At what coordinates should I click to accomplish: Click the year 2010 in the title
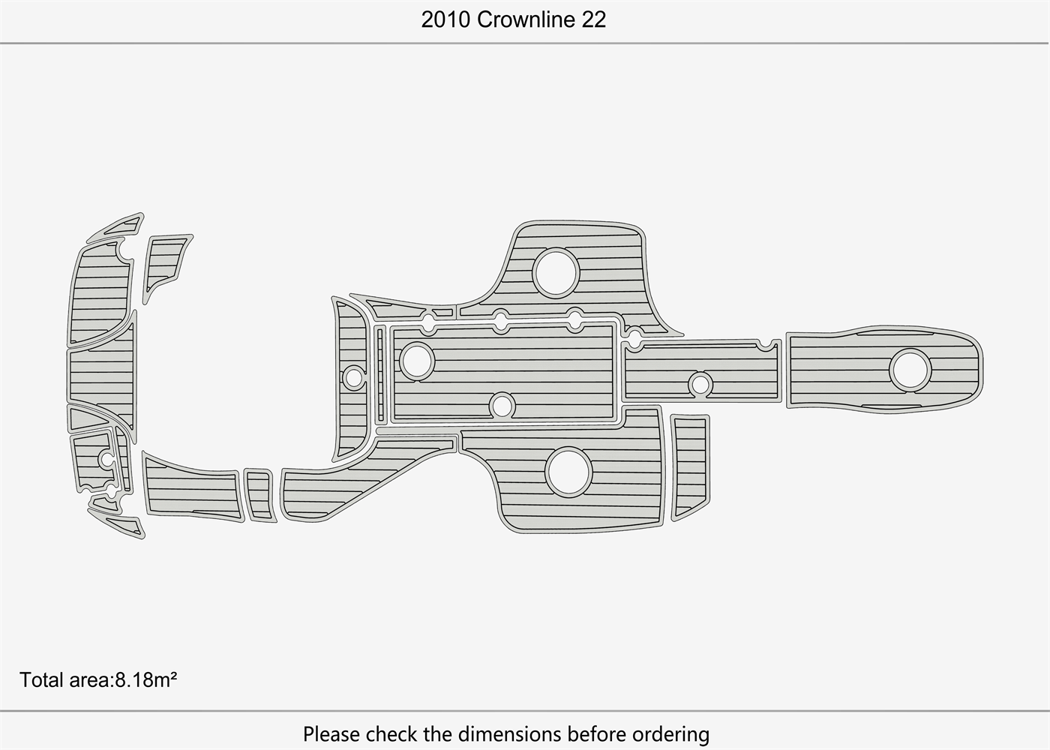point(445,19)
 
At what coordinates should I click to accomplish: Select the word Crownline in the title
point(526,19)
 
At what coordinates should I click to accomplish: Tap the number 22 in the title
point(594,19)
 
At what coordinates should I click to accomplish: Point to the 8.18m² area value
point(146,679)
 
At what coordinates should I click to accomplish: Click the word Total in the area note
point(42,679)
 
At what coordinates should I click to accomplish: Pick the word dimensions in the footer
point(509,734)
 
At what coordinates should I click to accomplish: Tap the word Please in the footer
point(331,734)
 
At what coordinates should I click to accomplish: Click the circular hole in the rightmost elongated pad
point(910,370)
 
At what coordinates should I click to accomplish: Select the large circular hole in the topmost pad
point(556,272)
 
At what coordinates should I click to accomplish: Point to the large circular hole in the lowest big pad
point(568,472)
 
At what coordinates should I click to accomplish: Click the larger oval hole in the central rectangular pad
point(417,360)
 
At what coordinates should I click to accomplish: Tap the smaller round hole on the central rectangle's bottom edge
point(502,406)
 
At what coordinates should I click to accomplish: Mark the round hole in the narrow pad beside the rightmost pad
point(700,384)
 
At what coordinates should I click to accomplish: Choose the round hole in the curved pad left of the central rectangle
point(353,377)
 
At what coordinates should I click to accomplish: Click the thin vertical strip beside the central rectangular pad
point(380,375)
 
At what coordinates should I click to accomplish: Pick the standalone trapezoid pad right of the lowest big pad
point(690,466)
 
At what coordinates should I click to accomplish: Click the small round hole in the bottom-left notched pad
point(106,459)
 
